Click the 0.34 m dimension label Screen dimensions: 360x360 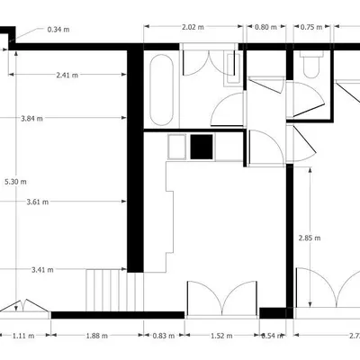pyautogui.click(x=58, y=30)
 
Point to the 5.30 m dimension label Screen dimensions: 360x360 pyautogui.click(x=15, y=181)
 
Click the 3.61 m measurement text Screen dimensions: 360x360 pyautogui.click(x=39, y=202)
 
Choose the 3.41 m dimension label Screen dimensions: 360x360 pyautogui.click(x=41, y=269)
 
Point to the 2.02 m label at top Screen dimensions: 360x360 pyautogui.click(x=193, y=27)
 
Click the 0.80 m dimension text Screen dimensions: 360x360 pyautogui.click(x=266, y=27)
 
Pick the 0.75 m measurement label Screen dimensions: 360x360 pyautogui.click(x=311, y=27)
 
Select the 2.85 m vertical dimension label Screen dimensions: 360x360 pyautogui.click(x=310, y=238)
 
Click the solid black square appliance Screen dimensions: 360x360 pyautogui.click(x=200, y=146)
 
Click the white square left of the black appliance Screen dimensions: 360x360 pyautogui.click(x=176, y=146)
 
